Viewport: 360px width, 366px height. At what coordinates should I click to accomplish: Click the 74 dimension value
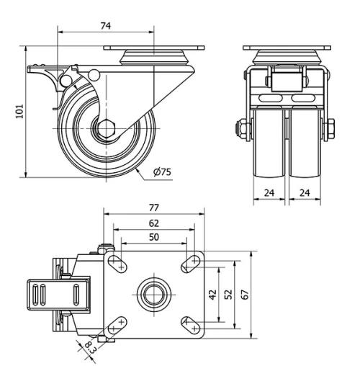(104, 24)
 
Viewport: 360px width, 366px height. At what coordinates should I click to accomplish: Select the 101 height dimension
(19, 110)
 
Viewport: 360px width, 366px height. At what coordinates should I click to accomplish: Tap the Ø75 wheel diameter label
(162, 173)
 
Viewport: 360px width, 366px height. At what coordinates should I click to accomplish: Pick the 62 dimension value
(153, 223)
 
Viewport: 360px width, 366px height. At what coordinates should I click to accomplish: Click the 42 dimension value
(212, 294)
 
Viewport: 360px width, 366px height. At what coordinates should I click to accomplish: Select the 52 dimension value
(228, 294)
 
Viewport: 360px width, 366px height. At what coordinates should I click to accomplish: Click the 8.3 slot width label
(90, 349)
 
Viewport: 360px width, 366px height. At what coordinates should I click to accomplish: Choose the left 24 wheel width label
(270, 193)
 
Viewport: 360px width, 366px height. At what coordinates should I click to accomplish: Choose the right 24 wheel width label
(305, 193)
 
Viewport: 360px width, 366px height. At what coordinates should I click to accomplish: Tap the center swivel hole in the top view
(153, 294)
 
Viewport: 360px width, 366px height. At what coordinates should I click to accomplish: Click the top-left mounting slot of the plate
(116, 264)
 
